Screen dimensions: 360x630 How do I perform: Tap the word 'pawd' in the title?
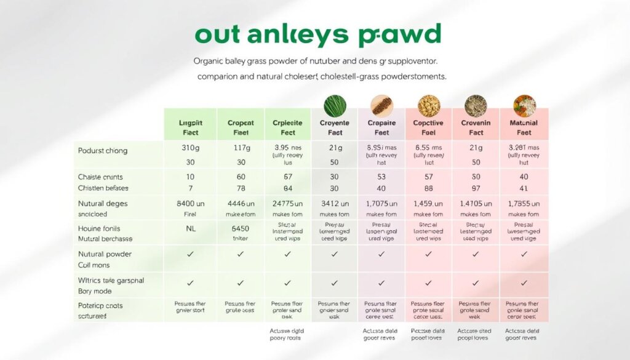tap(407, 35)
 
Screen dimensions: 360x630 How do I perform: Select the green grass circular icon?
tap(335, 105)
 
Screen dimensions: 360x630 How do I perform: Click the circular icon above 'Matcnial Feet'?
tap(524, 105)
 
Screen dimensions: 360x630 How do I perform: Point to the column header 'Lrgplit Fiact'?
tap(190, 127)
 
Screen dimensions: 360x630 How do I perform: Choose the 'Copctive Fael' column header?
tap(428, 127)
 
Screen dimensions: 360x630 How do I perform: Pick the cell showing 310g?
tap(190, 148)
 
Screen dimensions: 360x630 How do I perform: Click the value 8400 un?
tap(190, 203)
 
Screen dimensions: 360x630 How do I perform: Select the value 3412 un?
tap(335, 203)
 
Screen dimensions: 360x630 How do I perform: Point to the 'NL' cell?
tap(190, 228)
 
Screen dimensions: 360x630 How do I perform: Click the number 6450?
tap(240, 228)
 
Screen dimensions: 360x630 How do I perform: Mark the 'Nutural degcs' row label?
tap(103, 203)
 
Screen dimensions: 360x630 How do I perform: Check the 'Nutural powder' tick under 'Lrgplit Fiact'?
tap(190, 254)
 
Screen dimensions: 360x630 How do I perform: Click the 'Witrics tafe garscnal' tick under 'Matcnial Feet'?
tap(524, 283)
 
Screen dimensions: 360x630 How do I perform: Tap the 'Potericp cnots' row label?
tap(100, 306)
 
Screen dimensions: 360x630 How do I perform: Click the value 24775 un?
tap(287, 203)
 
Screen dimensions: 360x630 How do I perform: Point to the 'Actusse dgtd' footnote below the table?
tap(287, 330)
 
